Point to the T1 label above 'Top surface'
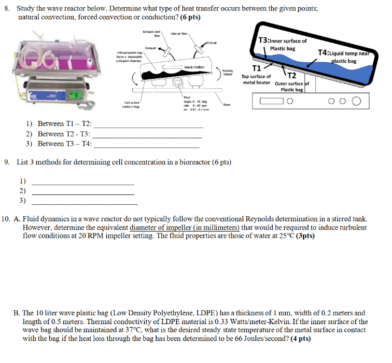(256, 68)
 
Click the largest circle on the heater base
(356, 102)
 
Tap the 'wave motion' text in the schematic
(194, 67)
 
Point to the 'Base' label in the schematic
(227, 104)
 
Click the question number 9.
(7, 162)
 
